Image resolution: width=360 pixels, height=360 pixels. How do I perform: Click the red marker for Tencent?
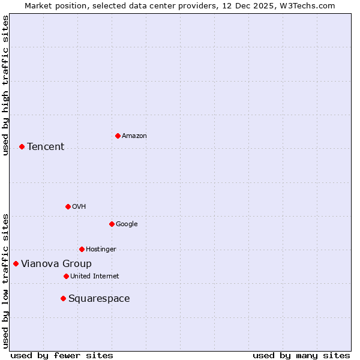22,146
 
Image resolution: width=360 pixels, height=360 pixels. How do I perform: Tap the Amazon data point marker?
118,136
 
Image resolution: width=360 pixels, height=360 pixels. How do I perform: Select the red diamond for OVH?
68,206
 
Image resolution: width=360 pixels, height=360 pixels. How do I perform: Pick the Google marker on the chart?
112,224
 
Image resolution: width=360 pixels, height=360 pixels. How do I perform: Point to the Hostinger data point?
82,249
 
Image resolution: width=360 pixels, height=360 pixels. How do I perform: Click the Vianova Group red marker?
16,263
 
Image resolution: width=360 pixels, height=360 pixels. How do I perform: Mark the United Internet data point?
66,276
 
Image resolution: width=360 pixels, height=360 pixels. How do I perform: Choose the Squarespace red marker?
63,298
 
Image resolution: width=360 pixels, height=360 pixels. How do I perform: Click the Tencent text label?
46,146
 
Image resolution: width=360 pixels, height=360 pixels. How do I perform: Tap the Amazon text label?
134,136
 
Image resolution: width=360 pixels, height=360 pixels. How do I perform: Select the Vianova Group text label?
56,263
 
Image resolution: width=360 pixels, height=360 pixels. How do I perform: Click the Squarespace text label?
99,298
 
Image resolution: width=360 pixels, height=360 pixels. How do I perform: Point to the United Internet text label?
95,276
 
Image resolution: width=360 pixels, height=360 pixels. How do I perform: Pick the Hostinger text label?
101,249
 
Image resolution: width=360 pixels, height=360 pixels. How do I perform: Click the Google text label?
127,224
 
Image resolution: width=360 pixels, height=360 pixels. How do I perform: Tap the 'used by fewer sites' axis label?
62,355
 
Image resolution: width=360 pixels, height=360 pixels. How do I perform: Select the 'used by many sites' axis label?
301,355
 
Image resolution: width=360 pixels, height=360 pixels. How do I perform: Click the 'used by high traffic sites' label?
5,85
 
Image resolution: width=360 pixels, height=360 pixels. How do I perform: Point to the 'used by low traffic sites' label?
5,281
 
